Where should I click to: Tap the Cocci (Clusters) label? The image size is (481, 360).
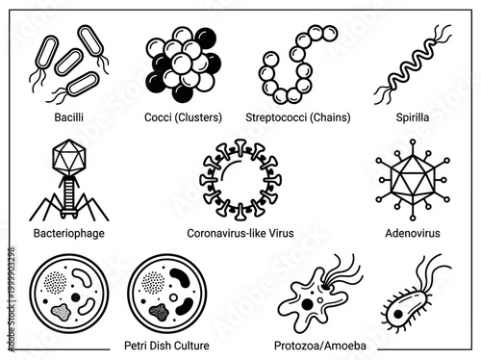point(183,117)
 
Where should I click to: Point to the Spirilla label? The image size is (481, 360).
point(411,117)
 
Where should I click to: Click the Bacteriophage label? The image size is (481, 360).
point(70,232)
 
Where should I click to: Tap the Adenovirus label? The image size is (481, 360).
point(411,232)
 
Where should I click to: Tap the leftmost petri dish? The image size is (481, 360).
point(69,293)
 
